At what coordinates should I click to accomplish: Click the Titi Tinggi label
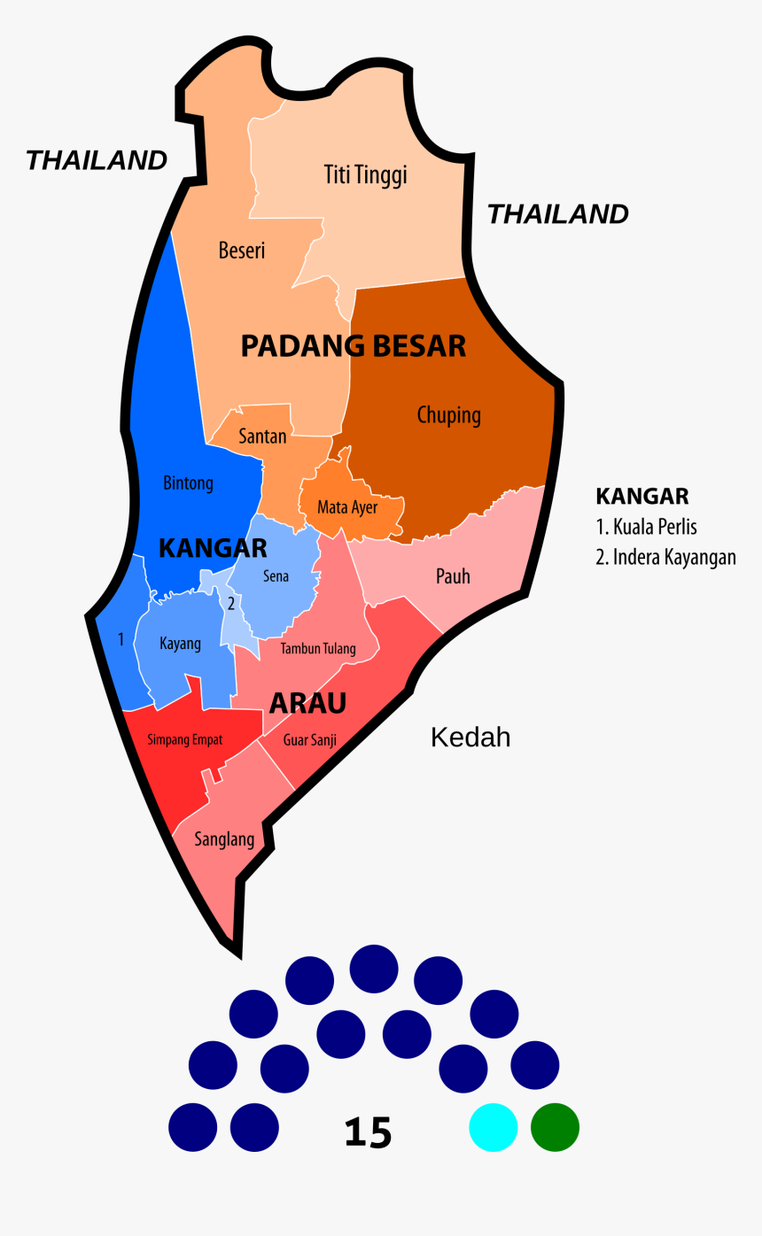point(365,175)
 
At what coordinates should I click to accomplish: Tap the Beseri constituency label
point(242,251)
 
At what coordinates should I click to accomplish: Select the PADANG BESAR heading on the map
point(354,346)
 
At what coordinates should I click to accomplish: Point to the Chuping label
point(449,415)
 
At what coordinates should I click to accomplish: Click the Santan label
point(262,436)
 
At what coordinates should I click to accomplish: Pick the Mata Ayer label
point(347,508)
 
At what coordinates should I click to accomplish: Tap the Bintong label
point(188,483)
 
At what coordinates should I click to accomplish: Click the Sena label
point(276,576)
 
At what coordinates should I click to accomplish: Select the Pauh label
point(453,576)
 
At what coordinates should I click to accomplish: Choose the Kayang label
point(180,644)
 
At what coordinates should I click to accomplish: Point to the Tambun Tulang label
point(318,649)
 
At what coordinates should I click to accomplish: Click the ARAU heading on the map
point(307,704)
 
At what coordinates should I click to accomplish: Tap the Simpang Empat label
point(185,739)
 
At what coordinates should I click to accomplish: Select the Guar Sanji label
point(310,740)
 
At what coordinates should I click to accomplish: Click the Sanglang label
point(224,839)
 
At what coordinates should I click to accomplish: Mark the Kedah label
point(470,738)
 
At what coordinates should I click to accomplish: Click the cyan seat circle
point(494,1128)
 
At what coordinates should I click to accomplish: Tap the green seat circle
point(555,1128)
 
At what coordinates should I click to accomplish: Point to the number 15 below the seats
point(368,1133)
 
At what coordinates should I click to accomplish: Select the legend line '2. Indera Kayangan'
point(665,558)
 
